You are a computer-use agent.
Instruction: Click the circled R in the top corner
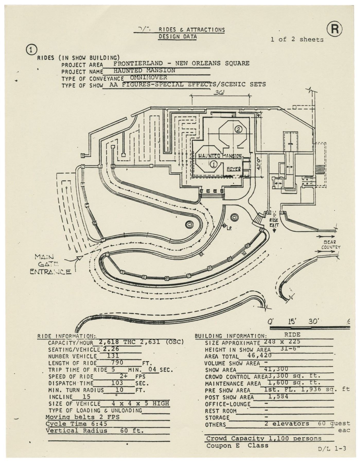point(335,29)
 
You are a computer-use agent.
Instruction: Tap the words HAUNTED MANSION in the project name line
point(144,70)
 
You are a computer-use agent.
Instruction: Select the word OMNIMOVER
point(148,77)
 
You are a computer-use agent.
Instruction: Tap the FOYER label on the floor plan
point(234,169)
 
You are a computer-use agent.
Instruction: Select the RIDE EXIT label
point(274,222)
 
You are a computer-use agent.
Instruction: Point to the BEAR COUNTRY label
point(330,245)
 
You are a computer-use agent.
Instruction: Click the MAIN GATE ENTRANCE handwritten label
point(50,264)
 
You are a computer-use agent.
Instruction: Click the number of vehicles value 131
point(112,356)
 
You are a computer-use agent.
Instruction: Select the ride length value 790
point(117,362)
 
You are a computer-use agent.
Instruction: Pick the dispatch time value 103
point(117,383)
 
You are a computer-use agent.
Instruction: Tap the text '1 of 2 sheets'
point(297,39)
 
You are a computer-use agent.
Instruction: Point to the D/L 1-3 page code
point(332,449)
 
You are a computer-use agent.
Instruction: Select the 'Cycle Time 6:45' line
point(76,424)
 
